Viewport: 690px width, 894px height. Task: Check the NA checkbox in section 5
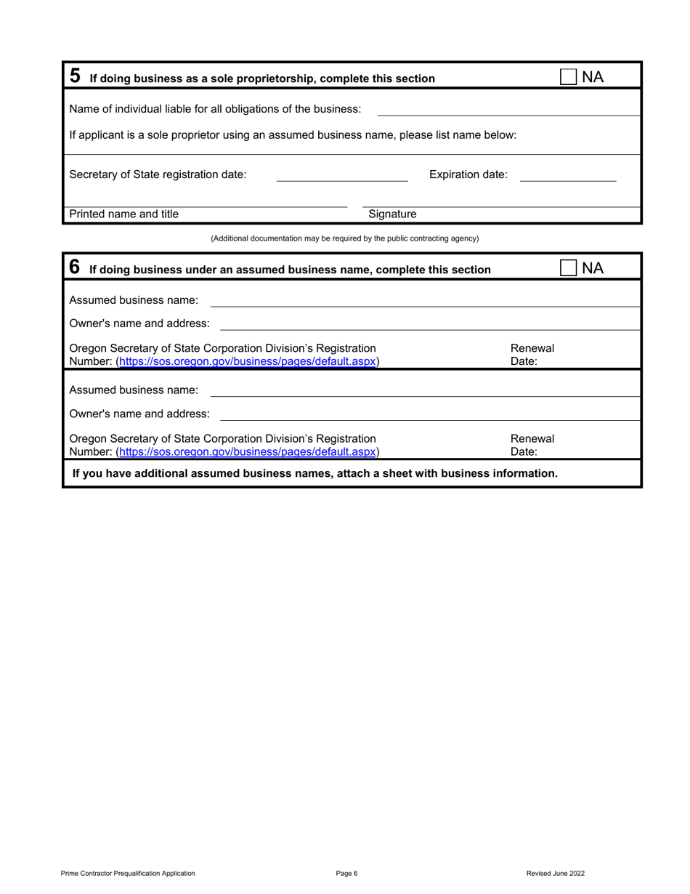(569, 77)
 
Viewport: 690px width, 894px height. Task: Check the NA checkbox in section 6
(569, 268)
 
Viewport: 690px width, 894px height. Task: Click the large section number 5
(75, 76)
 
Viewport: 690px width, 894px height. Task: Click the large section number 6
(75, 267)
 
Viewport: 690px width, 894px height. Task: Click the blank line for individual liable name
(508, 110)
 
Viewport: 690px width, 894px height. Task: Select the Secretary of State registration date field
(342, 175)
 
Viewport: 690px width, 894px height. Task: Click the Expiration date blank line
(568, 175)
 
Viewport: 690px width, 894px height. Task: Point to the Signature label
(392, 214)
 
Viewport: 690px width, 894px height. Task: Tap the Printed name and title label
(123, 214)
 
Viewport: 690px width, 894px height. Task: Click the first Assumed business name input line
(425, 301)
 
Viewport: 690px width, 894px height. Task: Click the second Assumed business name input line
(425, 391)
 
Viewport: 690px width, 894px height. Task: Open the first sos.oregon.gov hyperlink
(248, 361)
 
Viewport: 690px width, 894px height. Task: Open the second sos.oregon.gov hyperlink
(248, 451)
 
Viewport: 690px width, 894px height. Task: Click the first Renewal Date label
(532, 355)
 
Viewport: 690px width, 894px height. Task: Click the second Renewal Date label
(532, 445)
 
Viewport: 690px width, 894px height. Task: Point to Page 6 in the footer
(346, 874)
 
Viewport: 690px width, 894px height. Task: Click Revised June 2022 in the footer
(555, 874)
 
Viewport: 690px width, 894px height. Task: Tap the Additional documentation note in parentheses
(344, 238)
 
